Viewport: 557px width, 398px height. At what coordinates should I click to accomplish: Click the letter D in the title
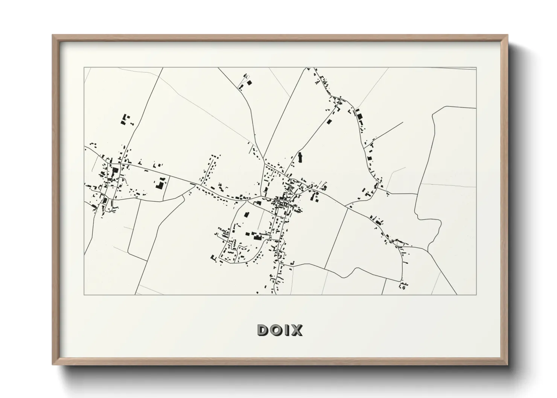(263, 330)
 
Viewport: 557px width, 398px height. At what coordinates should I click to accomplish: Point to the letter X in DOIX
(296, 330)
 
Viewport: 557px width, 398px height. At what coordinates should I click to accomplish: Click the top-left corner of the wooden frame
(53, 35)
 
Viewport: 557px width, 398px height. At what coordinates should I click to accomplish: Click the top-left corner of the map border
(84, 68)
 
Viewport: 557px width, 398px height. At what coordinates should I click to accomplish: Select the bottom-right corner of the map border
(476, 295)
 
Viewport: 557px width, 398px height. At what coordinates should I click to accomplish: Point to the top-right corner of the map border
(476, 68)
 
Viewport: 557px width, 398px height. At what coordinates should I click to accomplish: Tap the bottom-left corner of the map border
(84, 295)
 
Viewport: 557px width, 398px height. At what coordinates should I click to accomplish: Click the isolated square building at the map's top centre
(249, 82)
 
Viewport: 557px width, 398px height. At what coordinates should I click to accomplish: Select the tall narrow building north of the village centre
(300, 157)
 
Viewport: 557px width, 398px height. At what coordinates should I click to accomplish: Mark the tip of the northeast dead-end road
(403, 122)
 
